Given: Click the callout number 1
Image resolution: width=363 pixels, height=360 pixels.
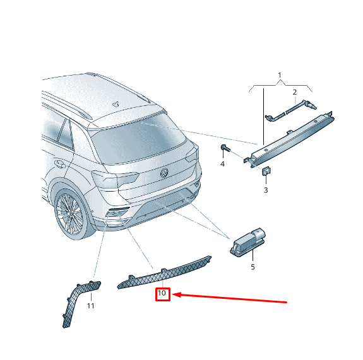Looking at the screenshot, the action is (x=280, y=75).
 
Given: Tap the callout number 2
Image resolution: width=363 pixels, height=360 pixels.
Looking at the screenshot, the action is (x=294, y=92).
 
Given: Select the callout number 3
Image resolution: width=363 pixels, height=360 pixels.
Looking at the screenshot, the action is (x=266, y=190).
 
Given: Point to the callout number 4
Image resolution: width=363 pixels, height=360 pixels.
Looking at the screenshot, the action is (x=222, y=164).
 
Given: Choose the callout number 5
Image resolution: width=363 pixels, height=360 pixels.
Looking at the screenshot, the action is (x=253, y=267).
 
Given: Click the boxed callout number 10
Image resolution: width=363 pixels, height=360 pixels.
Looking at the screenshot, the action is (x=162, y=293).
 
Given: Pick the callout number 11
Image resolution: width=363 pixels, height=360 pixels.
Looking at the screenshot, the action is (x=90, y=306).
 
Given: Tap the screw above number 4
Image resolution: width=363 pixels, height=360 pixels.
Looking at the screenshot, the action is (x=225, y=148).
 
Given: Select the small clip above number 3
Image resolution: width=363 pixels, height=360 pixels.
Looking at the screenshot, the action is (x=266, y=171).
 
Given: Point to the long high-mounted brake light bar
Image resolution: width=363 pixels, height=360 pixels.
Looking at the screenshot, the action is (x=289, y=139).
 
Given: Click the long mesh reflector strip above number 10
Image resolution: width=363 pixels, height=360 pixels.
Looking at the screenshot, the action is (x=164, y=272).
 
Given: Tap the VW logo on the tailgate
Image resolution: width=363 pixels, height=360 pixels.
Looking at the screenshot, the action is (x=164, y=173).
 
